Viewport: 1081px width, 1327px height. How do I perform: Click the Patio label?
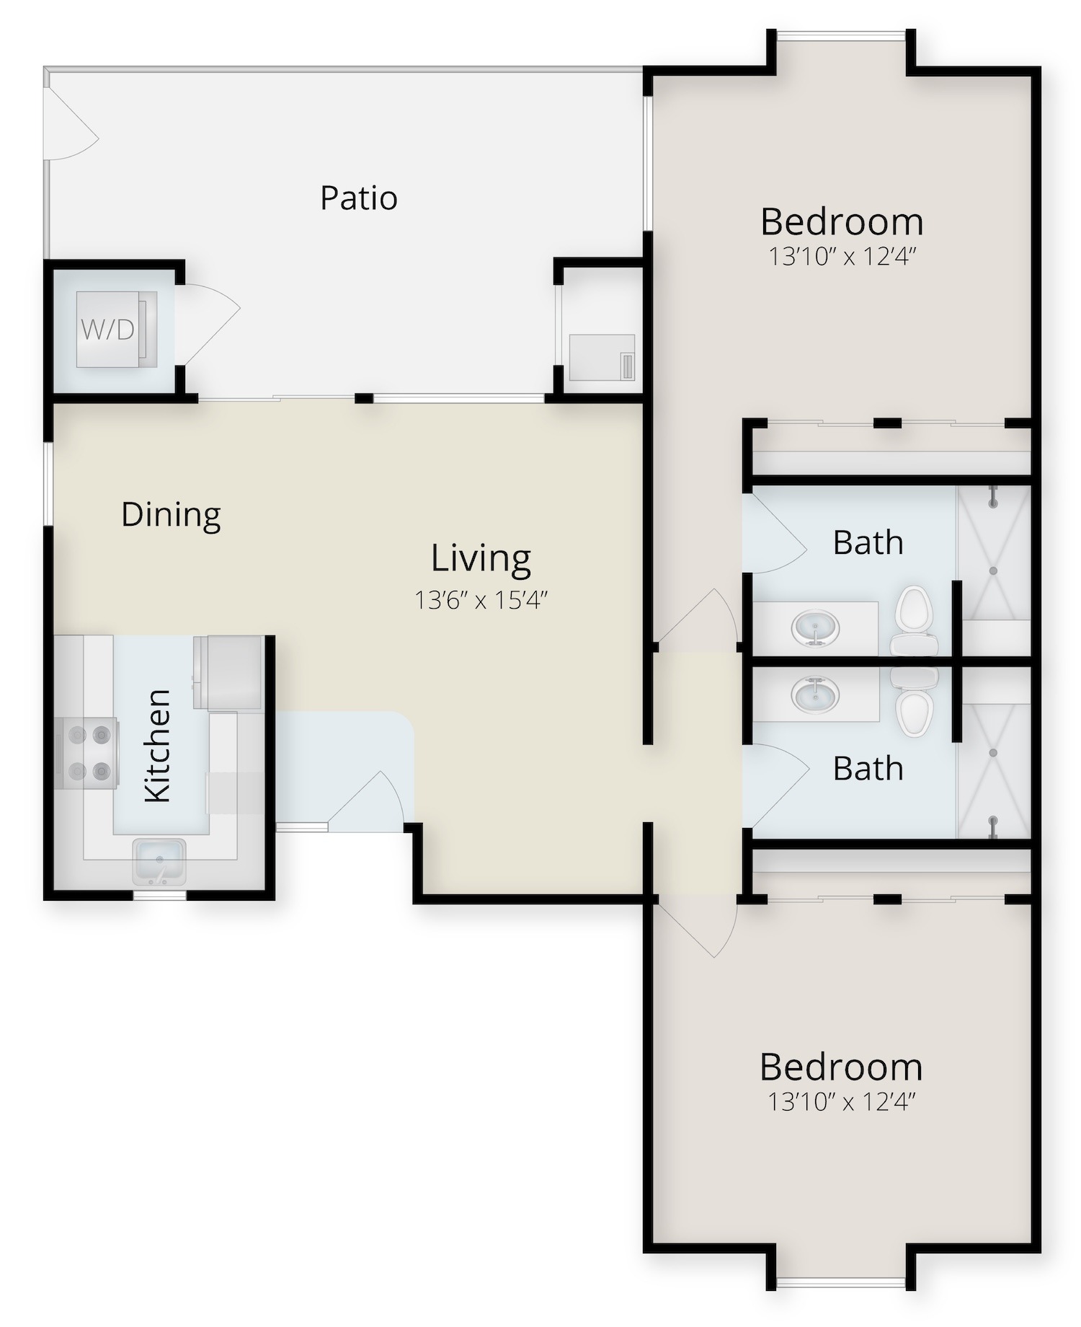click(359, 198)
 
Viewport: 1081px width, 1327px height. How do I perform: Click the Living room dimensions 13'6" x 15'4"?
click(481, 599)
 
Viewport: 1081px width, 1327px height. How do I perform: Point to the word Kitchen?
click(158, 746)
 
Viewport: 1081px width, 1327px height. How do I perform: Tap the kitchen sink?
click(159, 861)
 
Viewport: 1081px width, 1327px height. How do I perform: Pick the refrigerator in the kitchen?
click(227, 672)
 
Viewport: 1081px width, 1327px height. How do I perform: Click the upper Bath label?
click(868, 543)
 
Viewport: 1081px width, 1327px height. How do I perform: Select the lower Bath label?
click(868, 769)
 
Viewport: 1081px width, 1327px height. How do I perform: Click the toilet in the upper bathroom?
click(914, 620)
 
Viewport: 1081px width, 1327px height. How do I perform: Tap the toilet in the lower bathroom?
click(915, 702)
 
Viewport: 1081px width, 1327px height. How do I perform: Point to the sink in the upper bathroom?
click(815, 628)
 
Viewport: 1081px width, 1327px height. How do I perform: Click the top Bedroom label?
click(842, 222)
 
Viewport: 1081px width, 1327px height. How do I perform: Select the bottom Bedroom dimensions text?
click(842, 1102)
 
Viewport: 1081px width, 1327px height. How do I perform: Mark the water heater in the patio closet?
click(602, 357)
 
